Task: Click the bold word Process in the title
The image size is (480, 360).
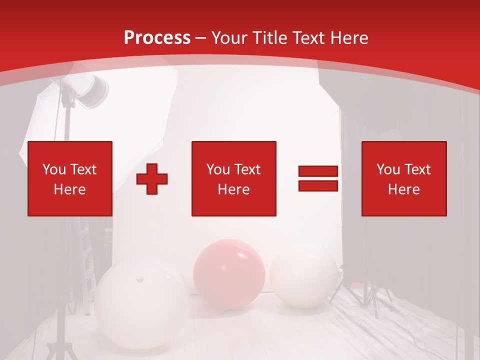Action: click(x=157, y=38)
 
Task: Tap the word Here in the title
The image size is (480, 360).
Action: click(x=348, y=38)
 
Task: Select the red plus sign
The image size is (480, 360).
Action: click(x=152, y=179)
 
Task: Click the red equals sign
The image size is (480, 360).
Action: click(x=318, y=179)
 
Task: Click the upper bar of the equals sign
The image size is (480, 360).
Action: click(x=318, y=171)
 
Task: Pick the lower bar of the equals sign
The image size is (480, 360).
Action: click(x=318, y=186)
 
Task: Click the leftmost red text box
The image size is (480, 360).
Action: click(x=69, y=178)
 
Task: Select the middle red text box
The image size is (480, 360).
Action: click(x=233, y=178)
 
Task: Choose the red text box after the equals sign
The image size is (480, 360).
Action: click(x=403, y=178)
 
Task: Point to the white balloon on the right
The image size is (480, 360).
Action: click(x=304, y=275)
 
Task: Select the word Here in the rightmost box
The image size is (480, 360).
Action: click(x=403, y=189)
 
